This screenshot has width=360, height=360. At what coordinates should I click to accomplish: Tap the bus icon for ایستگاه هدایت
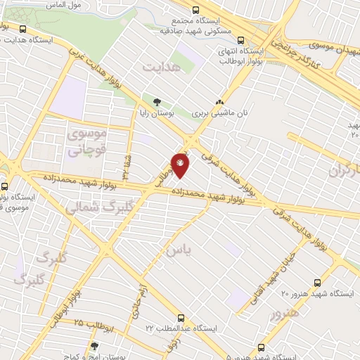click(24, 30)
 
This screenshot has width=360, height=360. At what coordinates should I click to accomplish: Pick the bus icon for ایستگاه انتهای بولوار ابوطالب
click(241, 40)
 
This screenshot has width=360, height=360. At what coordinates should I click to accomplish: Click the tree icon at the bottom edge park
click(94, 346)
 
